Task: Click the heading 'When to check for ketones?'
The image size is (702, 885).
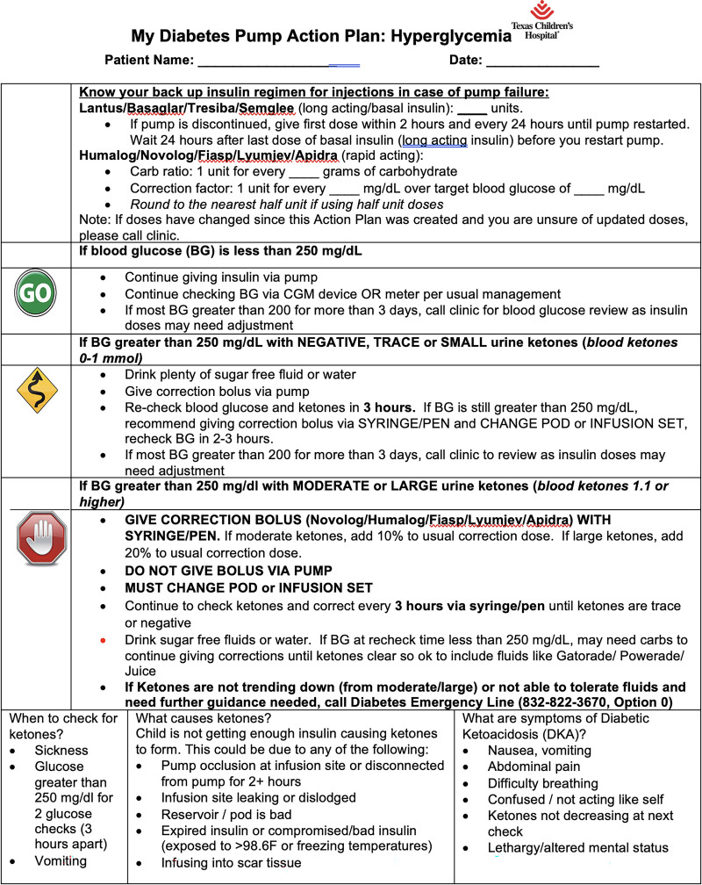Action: click(62, 726)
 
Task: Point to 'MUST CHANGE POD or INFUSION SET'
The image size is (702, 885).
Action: click(236, 587)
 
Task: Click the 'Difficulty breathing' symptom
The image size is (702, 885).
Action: click(543, 783)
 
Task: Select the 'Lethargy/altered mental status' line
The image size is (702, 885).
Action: click(578, 848)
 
